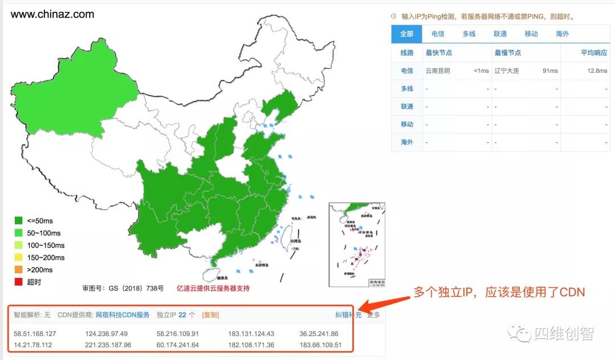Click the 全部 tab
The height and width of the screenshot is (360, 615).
[x=406, y=34]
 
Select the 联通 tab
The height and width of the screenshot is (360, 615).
[x=500, y=34]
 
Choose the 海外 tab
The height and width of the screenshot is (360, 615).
[x=562, y=34]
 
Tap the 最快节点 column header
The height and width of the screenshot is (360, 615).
[x=439, y=53]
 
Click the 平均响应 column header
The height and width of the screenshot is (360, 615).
[x=594, y=53]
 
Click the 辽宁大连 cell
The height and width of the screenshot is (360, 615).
[x=507, y=71]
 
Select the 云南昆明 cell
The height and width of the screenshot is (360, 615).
[x=438, y=71]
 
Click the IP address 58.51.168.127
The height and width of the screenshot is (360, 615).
[x=35, y=334]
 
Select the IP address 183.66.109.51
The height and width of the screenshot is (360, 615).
[x=320, y=345]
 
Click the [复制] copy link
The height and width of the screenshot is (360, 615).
[x=211, y=315]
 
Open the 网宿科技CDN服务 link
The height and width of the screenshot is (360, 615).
[x=123, y=315]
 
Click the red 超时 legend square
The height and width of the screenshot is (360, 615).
[x=19, y=282]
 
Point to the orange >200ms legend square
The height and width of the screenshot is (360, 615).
[x=19, y=269]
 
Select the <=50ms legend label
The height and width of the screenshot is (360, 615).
[x=39, y=221]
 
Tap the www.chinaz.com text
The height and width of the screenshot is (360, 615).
[x=52, y=14]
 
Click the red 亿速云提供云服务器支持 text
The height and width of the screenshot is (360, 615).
[x=213, y=288]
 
